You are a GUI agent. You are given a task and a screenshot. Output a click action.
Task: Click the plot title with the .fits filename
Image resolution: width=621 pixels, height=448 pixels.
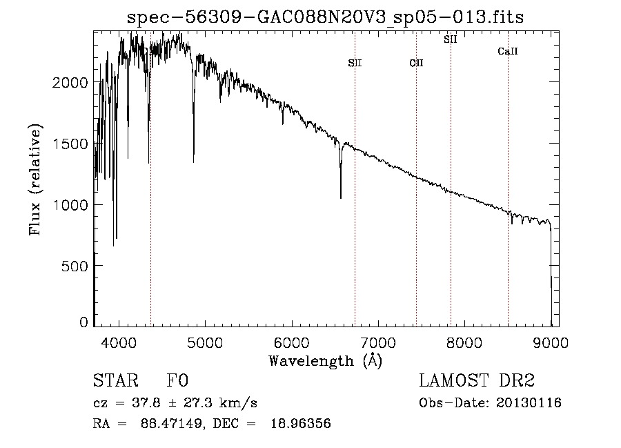coord(325,17)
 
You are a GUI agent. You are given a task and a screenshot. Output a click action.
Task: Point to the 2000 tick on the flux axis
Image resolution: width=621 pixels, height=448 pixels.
coord(70,82)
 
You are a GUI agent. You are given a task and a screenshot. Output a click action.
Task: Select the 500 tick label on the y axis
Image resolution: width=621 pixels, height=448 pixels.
coord(75,266)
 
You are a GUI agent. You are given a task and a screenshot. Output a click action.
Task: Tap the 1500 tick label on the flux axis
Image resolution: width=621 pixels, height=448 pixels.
coord(70,144)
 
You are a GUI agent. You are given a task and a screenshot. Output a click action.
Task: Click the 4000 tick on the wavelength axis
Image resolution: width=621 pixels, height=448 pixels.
coord(119,342)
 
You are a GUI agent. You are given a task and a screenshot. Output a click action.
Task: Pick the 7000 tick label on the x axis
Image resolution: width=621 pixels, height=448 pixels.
coord(378,342)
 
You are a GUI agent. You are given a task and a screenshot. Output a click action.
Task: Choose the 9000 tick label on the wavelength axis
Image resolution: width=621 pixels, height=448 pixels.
coord(551,342)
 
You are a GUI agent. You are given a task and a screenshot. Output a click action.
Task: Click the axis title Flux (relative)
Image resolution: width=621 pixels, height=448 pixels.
coord(35,180)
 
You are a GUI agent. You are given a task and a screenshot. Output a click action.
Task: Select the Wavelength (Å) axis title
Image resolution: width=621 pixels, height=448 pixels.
coord(326,361)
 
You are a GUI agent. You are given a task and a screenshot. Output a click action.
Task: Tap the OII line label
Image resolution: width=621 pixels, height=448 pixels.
coord(416,63)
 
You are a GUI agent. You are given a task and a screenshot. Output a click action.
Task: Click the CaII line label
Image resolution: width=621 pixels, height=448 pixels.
coord(508,51)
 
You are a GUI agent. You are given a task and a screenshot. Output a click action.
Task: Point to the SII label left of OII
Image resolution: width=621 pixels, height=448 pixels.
coord(355,63)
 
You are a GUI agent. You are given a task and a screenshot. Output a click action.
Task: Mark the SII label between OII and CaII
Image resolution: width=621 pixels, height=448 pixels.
coord(451,39)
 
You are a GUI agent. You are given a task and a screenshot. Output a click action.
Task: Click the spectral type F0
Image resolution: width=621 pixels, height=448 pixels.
coord(177,380)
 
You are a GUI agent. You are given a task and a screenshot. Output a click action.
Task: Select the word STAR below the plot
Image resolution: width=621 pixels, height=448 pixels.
coord(116,380)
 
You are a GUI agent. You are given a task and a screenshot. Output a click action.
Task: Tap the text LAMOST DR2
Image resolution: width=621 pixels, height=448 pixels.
coord(477,380)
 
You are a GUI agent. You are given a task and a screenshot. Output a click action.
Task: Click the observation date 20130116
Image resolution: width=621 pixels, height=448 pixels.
coord(529,403)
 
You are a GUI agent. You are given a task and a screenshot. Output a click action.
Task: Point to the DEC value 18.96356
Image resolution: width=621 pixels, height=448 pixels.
coord(301,423)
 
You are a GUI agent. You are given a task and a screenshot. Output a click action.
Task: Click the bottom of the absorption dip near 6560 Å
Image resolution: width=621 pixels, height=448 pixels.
coord(341,197)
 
